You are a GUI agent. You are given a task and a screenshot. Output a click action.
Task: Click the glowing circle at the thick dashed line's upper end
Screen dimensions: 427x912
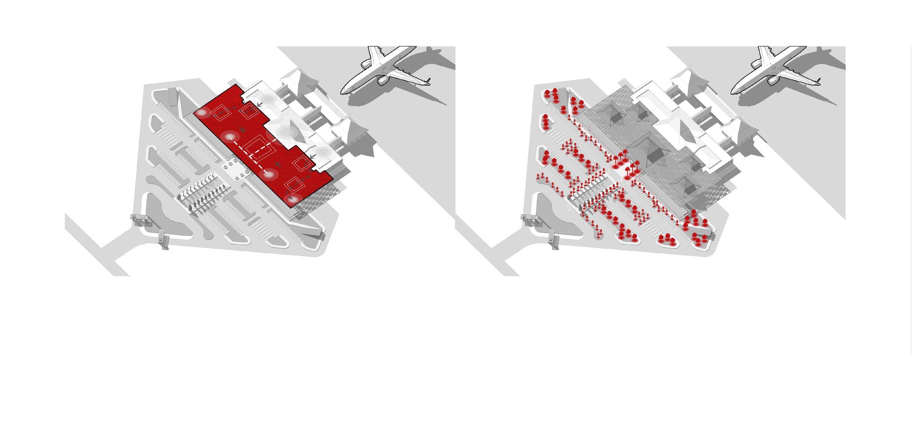(230, 138)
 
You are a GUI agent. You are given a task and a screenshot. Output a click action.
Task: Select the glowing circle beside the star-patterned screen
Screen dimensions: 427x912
(293, 199)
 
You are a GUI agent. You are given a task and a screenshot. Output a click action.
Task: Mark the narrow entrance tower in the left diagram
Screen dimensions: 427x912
(163, 239)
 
